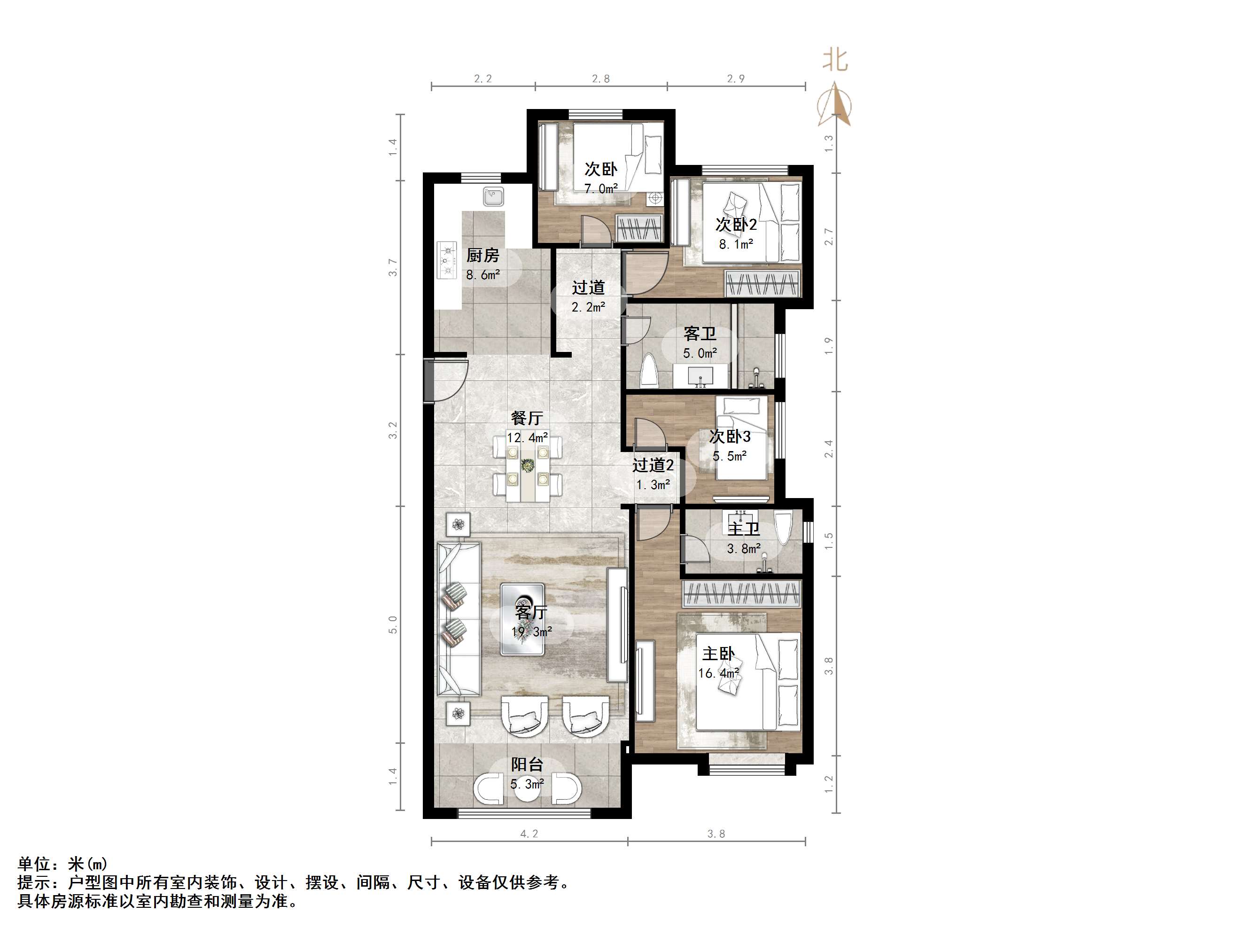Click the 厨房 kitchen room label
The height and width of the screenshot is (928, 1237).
click(482, 256)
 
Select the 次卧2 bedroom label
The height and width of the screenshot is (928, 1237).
click(736, 225)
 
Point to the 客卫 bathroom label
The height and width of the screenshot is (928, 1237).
click(700, 334)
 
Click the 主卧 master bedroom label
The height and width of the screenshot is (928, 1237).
click(719, 653)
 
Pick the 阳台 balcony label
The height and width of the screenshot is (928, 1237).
click(527, 764)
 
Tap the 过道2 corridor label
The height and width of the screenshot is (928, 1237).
click(653, 465)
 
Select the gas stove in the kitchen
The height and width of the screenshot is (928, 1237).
click(447, 260)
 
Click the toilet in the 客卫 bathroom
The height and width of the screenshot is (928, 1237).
click(650, 371)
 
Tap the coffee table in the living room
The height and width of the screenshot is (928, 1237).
click(522, 619)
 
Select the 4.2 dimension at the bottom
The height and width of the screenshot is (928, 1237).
click(529, 834)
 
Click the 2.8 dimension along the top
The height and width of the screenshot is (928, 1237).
click(600, 79)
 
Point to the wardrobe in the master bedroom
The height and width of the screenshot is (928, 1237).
click(741, 593)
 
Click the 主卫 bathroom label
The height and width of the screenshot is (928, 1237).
click(743, 529)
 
